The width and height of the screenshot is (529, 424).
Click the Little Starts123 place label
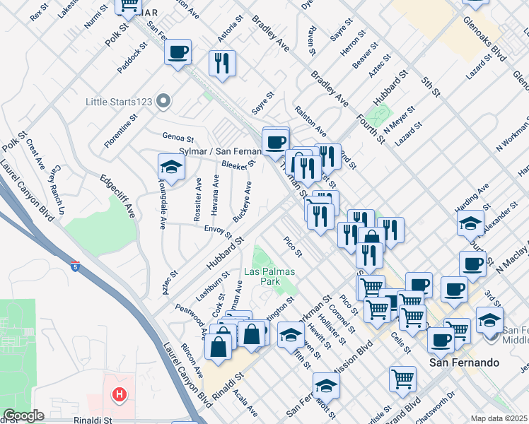point(119,102)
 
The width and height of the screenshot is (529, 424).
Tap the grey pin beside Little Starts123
point(164,102)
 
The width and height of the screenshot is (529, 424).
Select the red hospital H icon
point(120,393)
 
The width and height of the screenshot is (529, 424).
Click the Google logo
point(23,416)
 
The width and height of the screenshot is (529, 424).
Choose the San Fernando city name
point(465,362)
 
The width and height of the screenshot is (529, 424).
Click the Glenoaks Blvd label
point(487,49)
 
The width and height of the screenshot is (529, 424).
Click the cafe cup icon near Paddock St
point(177,52)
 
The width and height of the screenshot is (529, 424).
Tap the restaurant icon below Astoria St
point(222,62)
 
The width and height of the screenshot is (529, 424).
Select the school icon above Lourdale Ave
point(171,167)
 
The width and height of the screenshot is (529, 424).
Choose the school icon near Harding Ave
point(471,223)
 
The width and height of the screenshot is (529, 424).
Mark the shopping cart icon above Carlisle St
point(402,378)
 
